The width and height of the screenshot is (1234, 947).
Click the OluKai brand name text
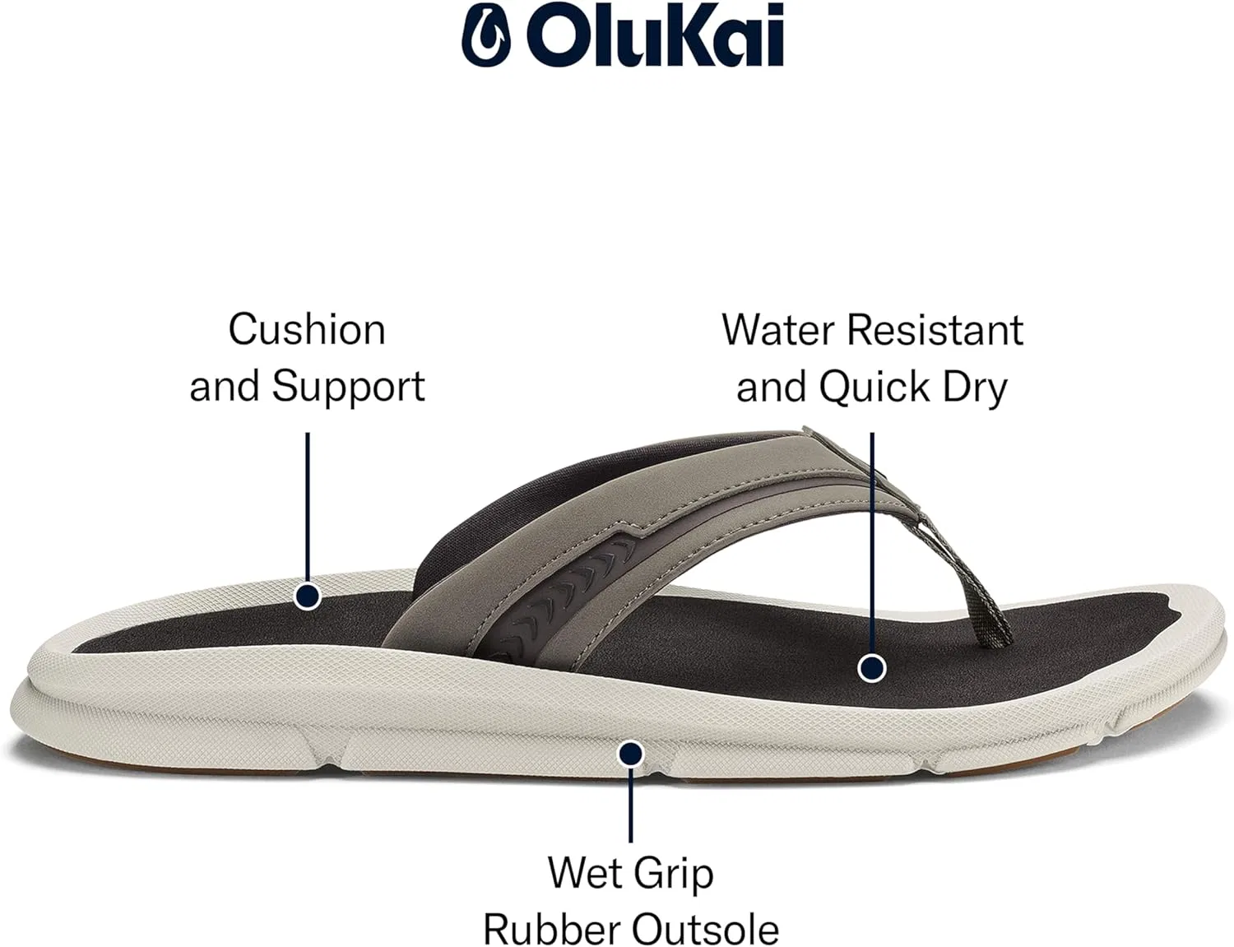pos(656,35)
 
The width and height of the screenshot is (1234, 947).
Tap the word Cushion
pos(307,329)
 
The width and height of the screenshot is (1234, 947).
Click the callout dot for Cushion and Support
pos(307,597)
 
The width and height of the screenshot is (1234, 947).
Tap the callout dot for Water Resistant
pos(872,667)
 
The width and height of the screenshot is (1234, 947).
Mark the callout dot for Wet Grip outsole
pos(630,754)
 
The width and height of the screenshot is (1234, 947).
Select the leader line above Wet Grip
pos(630,805)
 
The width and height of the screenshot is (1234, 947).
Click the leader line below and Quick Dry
pos(872,543)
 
